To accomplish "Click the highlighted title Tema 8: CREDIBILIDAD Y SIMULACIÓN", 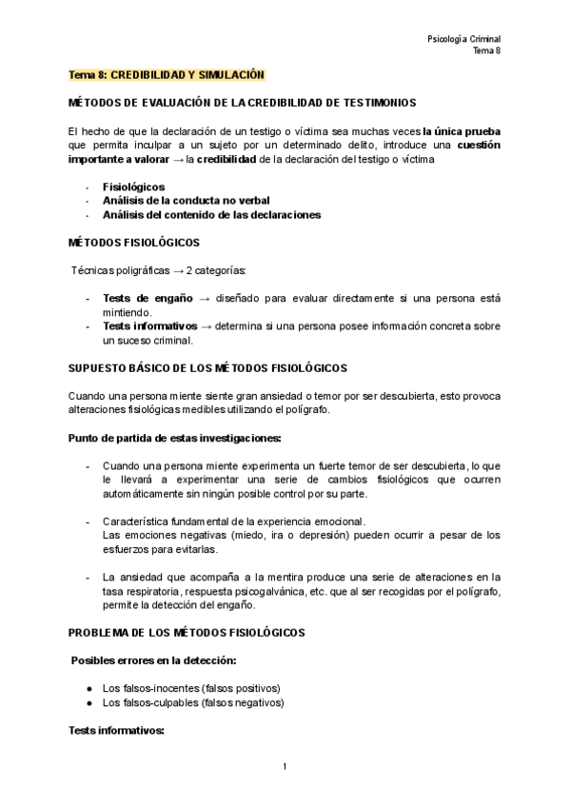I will coord(167,74).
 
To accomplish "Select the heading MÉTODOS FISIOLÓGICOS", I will coord(133,243).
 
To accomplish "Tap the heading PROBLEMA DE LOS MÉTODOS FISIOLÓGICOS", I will coord(186,632).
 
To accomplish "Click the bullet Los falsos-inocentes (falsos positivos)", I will coord(191,688).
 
